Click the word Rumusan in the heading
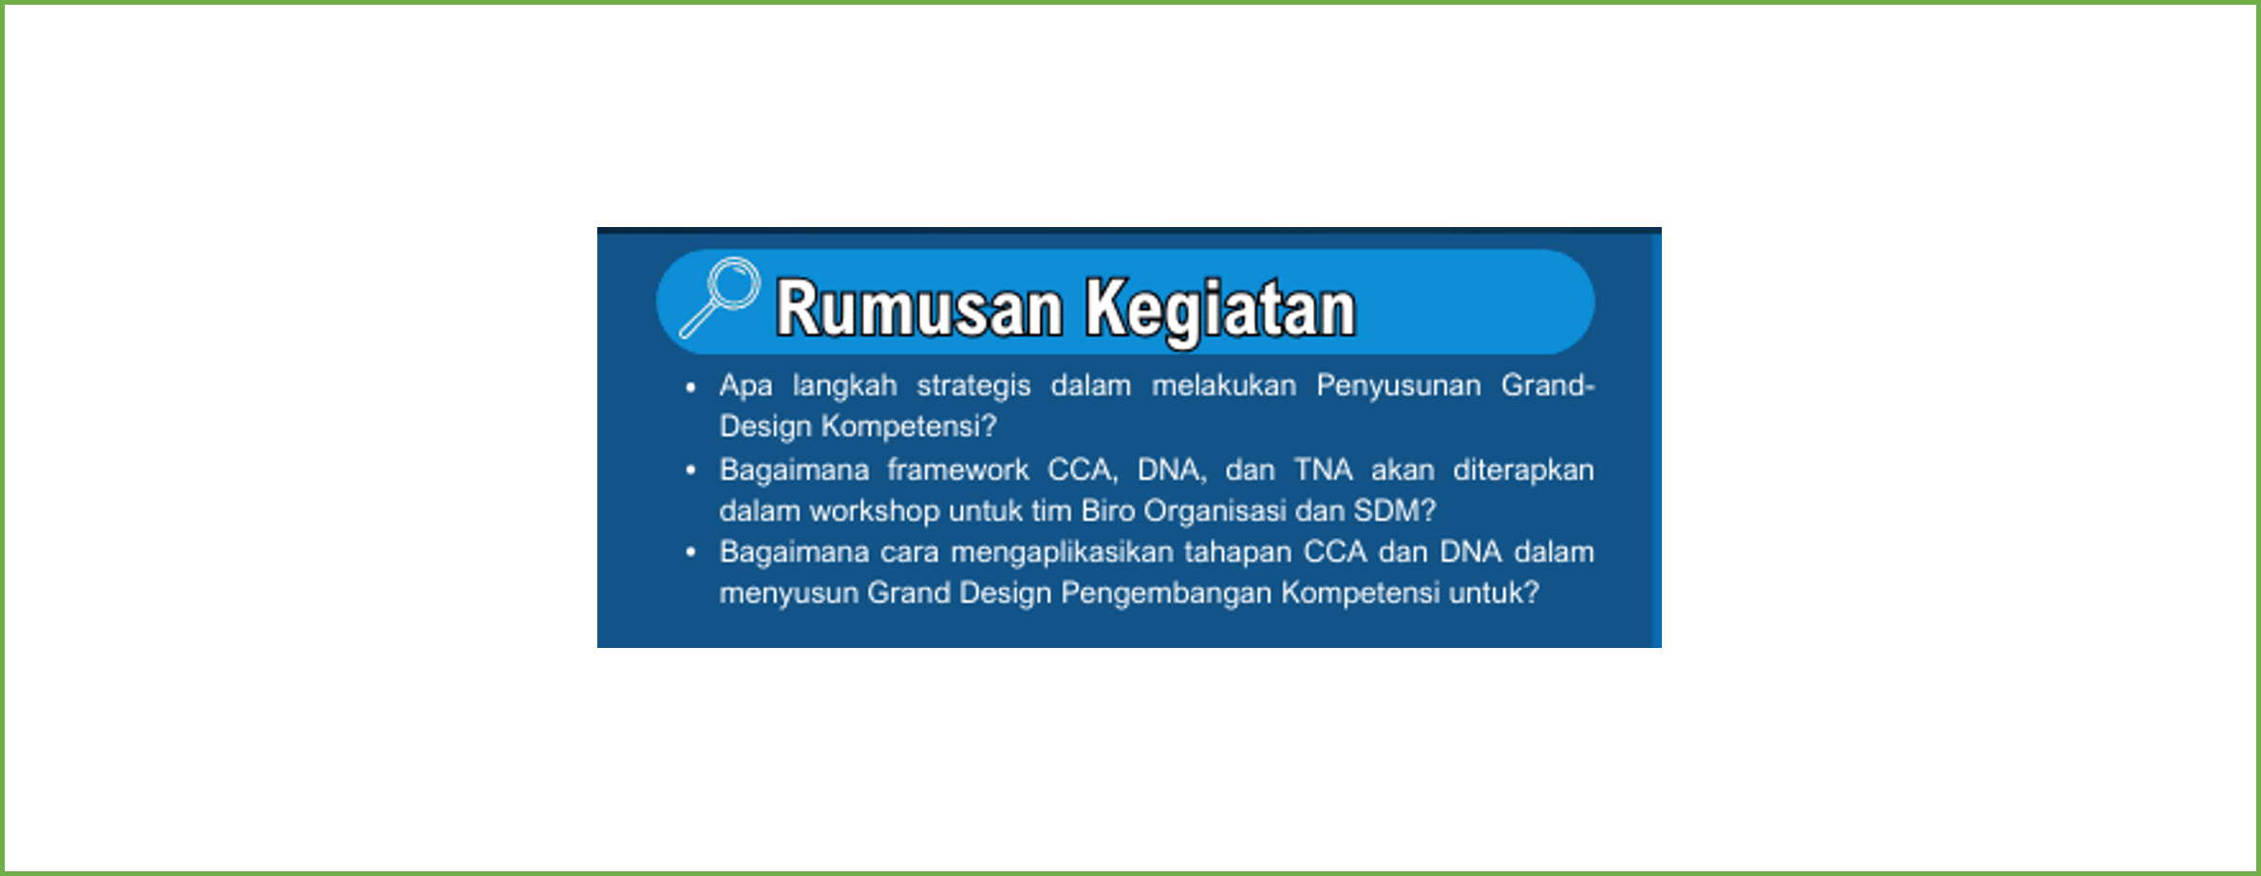click(919, 309)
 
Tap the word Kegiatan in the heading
click(1221, 309)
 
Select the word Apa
click(745, 387)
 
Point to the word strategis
click(973, 387)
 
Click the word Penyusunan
click(1399, 387)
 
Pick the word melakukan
click(1224, 386)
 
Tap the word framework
click(958, 470)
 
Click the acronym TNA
click(1324, 470)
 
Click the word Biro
click(1108, 511)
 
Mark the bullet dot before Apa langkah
click(690, 387)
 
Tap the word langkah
click(845, 387)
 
